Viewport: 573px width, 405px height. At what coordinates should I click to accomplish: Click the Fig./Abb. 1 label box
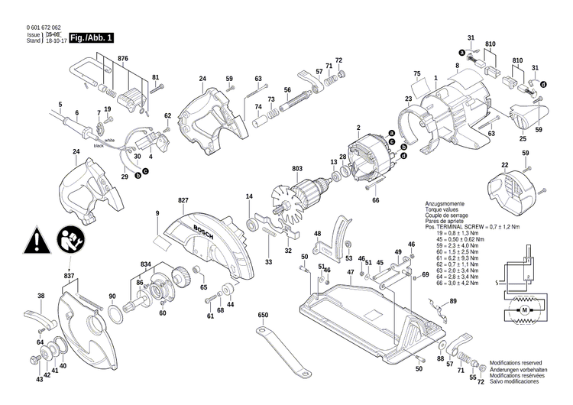click(91, 37)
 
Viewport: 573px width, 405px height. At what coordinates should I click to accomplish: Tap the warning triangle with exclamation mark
click(35, 240)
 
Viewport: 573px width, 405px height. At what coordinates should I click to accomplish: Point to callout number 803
click(298, 170)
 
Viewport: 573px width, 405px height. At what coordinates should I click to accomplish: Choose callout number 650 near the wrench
click(264, 315)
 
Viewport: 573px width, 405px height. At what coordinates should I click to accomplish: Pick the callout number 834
click(146, 264)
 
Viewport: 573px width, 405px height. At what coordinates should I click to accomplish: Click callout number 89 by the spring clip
click(453, 303)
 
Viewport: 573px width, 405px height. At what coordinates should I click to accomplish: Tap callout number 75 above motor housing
click(417, 73)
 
